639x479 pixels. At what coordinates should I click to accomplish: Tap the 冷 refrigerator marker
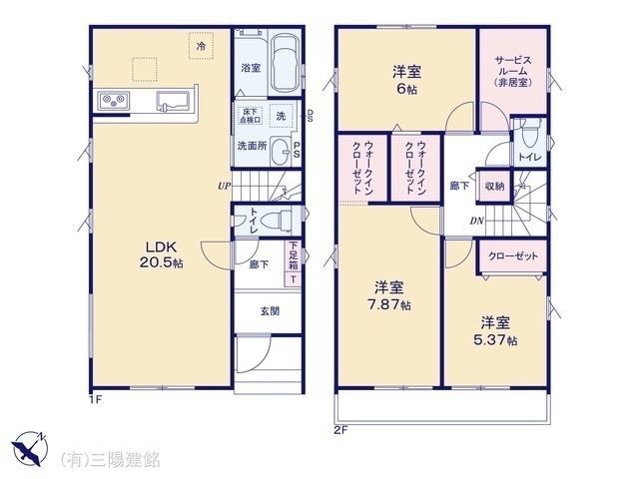(x=201, y=46)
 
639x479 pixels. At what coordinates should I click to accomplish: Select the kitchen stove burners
(x=112, y=101)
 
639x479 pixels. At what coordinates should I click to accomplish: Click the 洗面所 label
(x=251, y=146)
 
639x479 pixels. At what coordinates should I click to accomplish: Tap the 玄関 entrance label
(x=270, y=310)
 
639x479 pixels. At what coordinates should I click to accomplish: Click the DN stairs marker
(x=477, y=221)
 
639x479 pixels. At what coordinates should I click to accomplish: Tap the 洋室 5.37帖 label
(x=496, y=330)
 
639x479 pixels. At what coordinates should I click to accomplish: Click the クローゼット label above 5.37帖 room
(x=513, y=256)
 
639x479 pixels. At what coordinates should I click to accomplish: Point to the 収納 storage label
(x=494, y=187)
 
